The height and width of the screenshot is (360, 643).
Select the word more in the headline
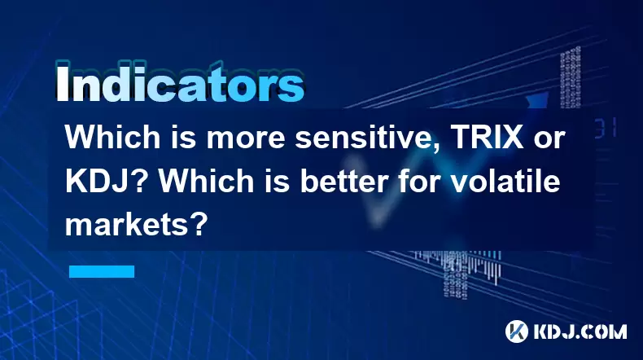pyautogui.click(x=245, y=138)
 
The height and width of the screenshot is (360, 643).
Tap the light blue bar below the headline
pyautogui.click(x=102, y=271)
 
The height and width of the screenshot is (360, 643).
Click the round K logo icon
pyautogui.click(x=517, y=331)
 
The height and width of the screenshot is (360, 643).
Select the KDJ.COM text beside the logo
pyautogui.click(x=580, y=331)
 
